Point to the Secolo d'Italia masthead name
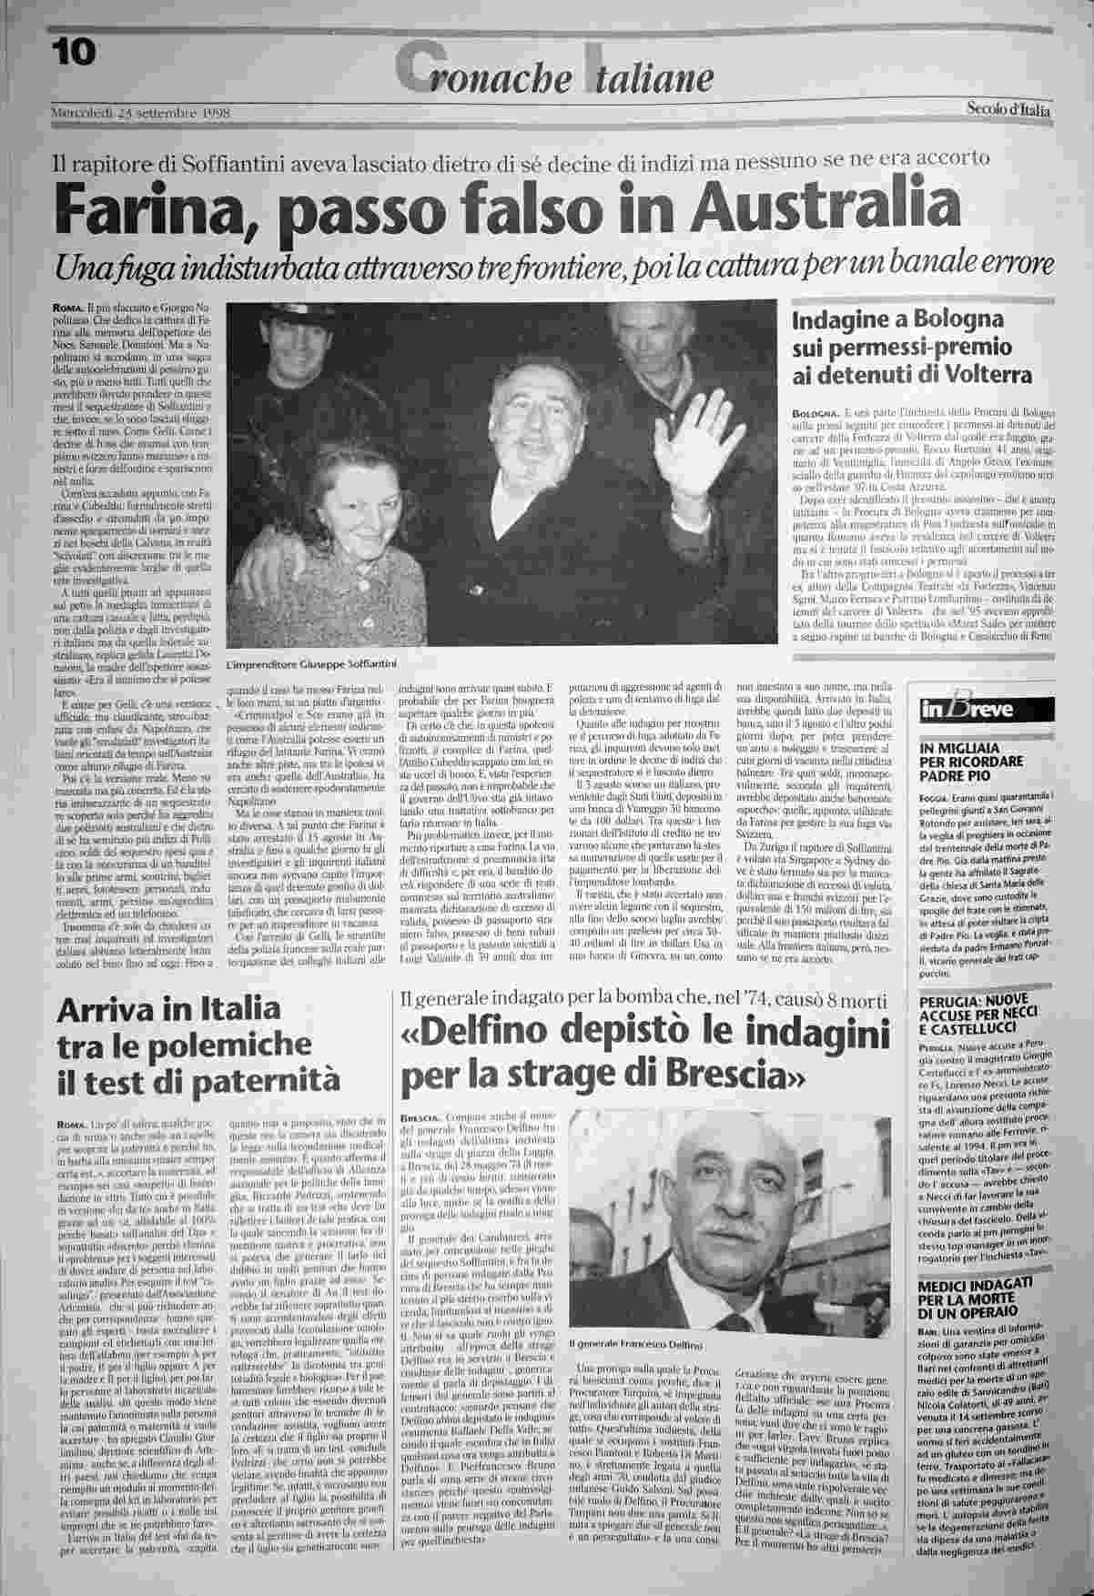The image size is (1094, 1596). tap(1008, 110)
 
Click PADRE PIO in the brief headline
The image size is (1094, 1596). tap(957, 777)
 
